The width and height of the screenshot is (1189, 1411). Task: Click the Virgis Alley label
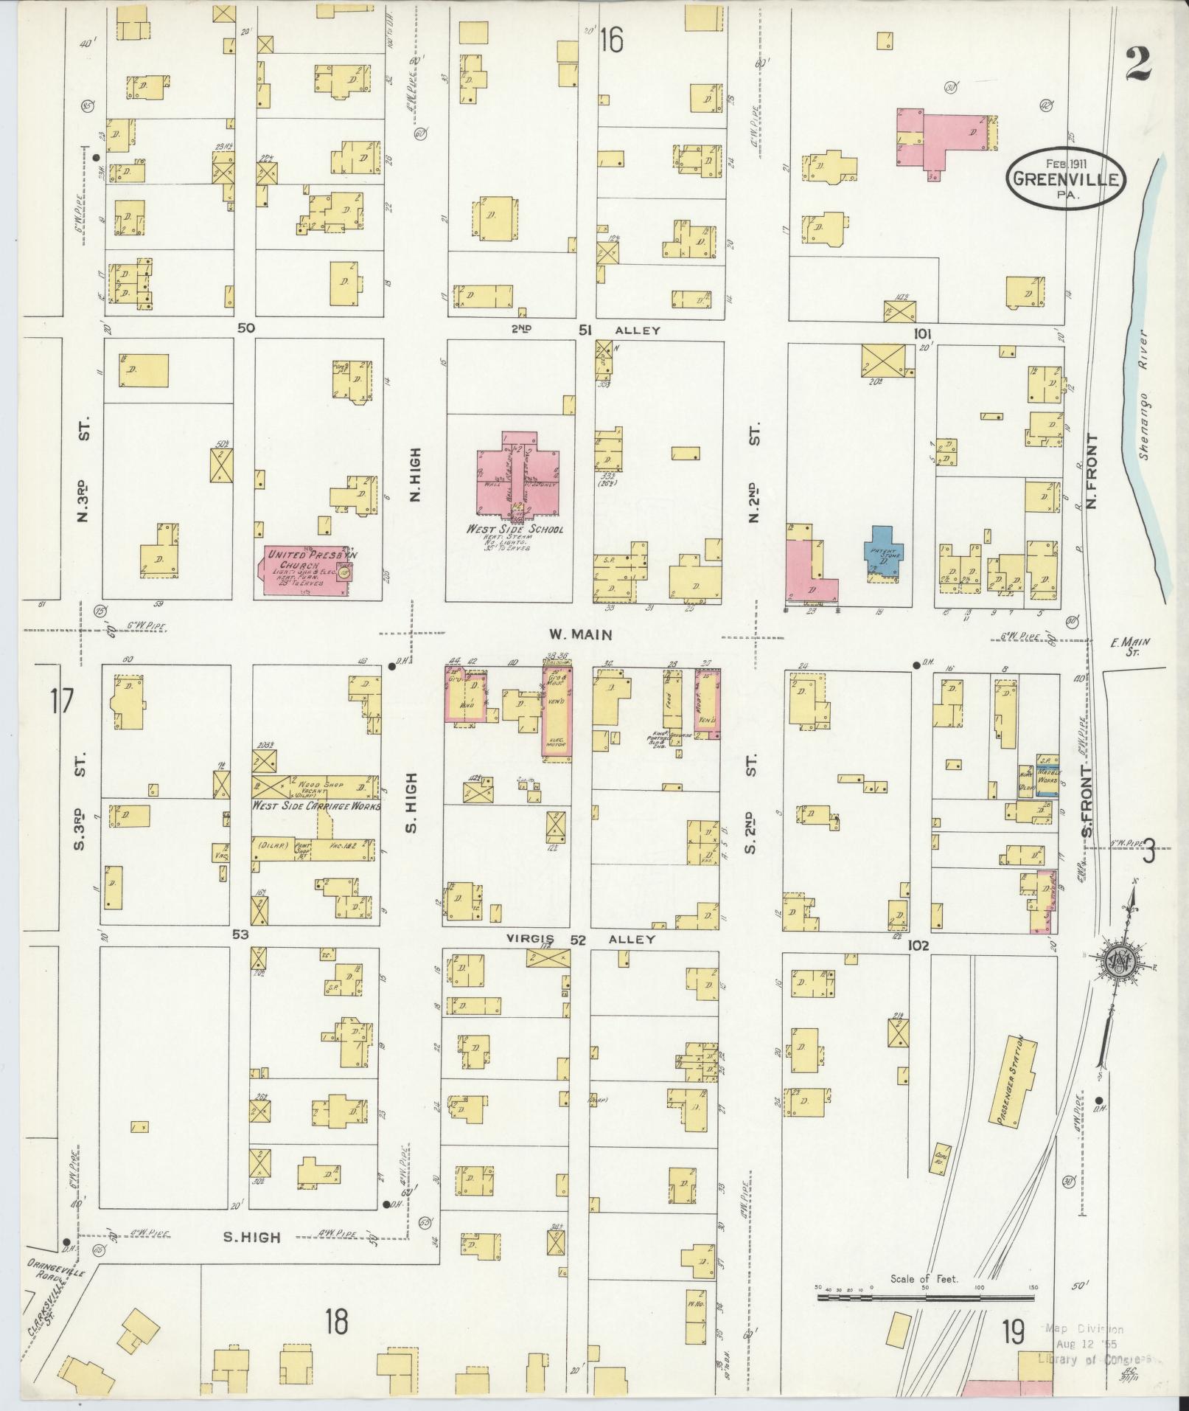pos(580,940)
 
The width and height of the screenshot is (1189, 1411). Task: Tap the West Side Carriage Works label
pos(317,806)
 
